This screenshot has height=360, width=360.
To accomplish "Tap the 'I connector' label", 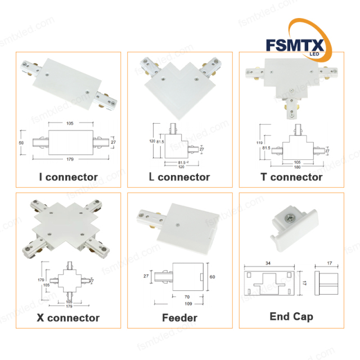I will [68, 177].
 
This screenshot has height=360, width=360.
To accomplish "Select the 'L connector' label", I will [179, 177].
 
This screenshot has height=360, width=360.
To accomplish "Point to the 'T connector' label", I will [291, 177].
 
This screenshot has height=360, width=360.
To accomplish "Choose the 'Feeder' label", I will [179, 318].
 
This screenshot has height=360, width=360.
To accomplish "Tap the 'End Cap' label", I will [291, 317].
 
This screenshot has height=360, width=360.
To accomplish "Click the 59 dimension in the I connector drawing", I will [22, 144].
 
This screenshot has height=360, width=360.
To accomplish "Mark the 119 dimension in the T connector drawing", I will [259, 143].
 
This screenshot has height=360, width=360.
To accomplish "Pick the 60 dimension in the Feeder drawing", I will [213, 277].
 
